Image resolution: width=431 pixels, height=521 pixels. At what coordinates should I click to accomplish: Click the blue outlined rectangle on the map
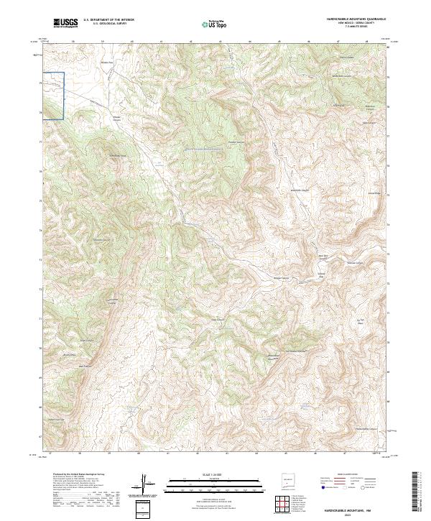(x=54, y=95)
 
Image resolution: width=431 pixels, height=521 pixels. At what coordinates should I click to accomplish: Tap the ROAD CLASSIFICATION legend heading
(x=348, y=475)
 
